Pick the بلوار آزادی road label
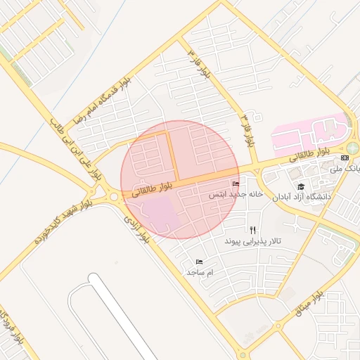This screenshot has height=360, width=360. tap(138, 228)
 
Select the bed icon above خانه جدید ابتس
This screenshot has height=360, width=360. tap(235, 184)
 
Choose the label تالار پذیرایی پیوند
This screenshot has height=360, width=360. tap(252, 240)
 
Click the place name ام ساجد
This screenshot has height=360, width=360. tap(200, 271)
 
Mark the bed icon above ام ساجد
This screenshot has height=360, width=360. tap(200, 262)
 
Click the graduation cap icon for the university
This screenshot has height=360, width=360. tap(301, 186)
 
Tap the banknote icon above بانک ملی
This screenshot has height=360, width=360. tap(345, 158)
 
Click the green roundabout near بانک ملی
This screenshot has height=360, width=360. tap(352, 148)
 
